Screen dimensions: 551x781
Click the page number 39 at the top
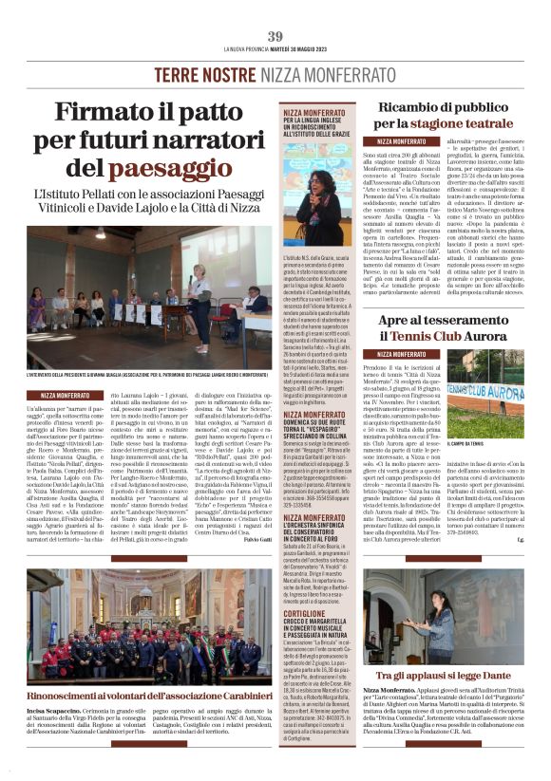(275, 37)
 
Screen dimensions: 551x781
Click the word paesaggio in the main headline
(203, 167)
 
